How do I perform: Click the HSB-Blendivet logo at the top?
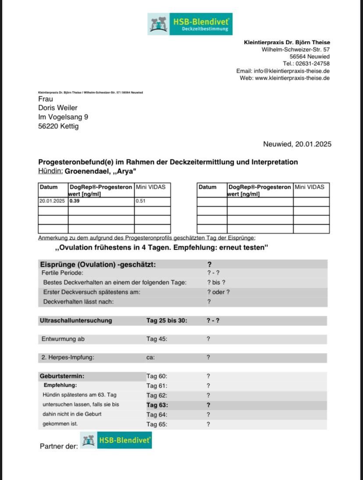[190, 24]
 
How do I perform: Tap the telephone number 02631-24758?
[313, 64]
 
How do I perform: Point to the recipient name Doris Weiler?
[58, 108]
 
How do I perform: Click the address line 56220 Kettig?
[58, 126]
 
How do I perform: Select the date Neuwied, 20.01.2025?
[297, 144]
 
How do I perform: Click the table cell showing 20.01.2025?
[52, 201]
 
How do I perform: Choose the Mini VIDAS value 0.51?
[140, 201]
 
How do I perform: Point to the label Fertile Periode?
[62, 273]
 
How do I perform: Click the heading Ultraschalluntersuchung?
[76, 321]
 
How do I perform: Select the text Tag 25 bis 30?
[167, 321]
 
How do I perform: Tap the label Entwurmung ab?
[63, 339]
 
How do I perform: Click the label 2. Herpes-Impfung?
[68, 357]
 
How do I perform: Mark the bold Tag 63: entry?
[157, 405]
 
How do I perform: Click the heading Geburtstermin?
[62, 376]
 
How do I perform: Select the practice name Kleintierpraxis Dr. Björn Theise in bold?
[287, 42]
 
